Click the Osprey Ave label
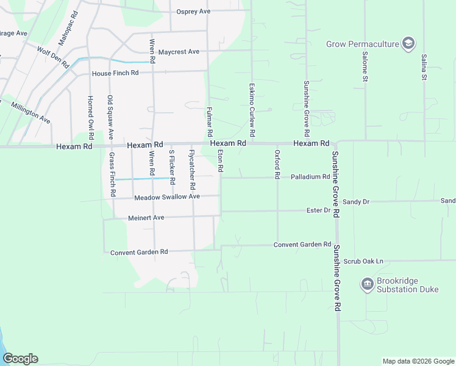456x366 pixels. (193, 12)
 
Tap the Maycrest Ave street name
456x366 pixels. (179, 52)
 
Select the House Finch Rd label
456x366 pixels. (115, 73)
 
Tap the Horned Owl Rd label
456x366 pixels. (90, 115)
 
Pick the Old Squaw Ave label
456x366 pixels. (110, 117)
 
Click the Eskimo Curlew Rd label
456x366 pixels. (251, 110)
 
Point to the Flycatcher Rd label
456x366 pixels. (192, 168)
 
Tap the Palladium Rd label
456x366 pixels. (310, 177)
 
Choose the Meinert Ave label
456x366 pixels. (146, 218)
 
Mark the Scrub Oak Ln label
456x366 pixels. (363, 261)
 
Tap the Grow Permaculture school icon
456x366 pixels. (408, 43)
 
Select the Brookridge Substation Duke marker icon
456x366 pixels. (367, 284)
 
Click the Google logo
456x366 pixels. (20, 359)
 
